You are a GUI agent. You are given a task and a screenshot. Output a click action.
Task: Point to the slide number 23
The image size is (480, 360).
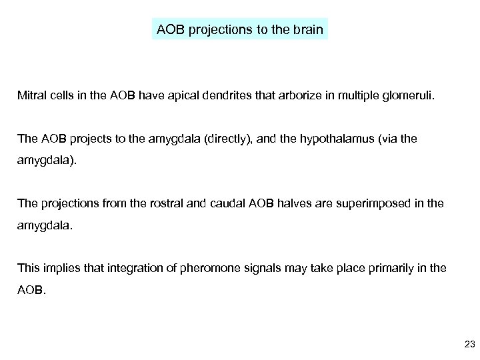[x=468, y=343]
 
